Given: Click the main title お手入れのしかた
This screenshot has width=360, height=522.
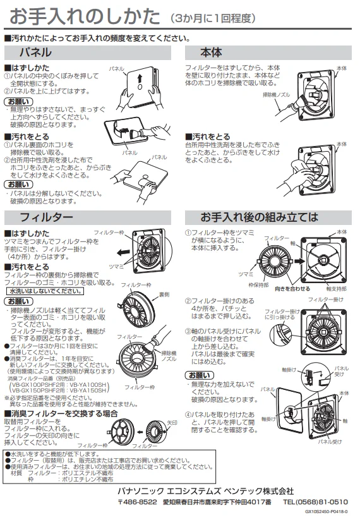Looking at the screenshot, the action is [x=85, y=16].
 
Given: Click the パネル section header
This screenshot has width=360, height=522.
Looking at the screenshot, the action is [x=35, y=52].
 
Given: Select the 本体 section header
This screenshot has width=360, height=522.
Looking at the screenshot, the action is [x=212, y=52].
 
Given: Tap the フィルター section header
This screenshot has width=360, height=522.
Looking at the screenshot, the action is [x=46, y=217].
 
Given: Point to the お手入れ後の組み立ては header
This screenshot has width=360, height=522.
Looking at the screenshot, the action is [x=259, y=217].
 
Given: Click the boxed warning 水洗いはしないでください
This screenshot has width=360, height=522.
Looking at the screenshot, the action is [x=45, y=291].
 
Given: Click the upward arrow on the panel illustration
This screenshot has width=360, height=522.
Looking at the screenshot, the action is [x=140, y=79].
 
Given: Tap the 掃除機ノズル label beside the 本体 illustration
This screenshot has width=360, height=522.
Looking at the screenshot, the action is [x=276, y=95].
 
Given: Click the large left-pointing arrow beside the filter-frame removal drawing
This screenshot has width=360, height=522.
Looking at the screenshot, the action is [x=124, y=252].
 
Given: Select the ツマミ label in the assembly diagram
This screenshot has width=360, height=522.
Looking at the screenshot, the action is [x=246, y=274].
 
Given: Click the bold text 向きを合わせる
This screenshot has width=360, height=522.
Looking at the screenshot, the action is [x=292, y=289].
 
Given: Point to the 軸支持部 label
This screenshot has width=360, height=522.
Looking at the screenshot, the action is [x=337, y=289].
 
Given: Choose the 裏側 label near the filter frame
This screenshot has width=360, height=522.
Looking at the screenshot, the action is [x=164, y=294].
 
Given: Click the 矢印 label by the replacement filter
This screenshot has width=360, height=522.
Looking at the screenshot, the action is [x=172, y=423].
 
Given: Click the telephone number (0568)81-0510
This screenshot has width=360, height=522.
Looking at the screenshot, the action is [x=315, y=502].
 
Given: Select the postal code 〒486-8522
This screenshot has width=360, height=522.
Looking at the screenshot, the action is [x=137, y=502].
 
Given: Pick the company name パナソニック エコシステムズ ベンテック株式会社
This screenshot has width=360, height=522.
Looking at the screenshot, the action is [x=206, y=490].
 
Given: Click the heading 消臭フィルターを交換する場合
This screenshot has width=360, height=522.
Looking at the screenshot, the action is [x=61, y=413].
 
